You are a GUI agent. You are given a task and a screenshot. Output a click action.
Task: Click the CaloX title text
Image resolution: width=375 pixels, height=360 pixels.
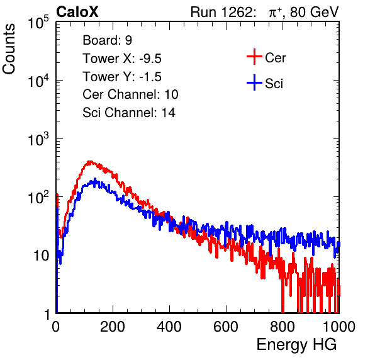(77, 12)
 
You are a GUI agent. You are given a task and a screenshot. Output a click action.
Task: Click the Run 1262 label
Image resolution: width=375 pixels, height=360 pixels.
(221, 12)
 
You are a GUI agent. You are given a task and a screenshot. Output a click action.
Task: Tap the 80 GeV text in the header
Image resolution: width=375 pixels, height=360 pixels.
(314, 12)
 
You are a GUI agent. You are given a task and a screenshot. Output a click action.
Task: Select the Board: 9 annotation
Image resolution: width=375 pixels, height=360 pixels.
(108, 40)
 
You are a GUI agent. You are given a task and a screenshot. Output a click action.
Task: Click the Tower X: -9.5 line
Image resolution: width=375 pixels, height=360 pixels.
(122, 59)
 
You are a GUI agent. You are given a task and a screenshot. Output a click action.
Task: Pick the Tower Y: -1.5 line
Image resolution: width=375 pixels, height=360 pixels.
(122, 77)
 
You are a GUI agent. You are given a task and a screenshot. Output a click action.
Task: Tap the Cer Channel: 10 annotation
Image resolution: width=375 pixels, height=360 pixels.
(130, 94)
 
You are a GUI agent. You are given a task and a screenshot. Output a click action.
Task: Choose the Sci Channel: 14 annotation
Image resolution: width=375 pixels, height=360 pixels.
(129, 113)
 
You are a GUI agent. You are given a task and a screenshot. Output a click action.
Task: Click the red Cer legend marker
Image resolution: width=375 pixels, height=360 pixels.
(254, 57)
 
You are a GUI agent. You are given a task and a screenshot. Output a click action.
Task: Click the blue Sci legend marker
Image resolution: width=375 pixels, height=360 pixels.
(254, 82)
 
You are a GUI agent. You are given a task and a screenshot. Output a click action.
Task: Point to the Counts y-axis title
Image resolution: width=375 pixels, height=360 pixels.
(9, 49)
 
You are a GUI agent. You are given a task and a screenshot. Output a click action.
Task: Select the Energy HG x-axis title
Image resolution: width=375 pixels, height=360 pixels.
(296, 345)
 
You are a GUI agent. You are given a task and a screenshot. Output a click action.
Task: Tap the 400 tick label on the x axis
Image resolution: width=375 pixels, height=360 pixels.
(169, 327)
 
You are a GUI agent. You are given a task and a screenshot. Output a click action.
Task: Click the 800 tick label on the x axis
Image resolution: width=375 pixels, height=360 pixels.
(283, 327)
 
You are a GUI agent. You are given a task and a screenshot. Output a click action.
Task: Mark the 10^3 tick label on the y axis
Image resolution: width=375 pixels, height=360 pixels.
(38, 139)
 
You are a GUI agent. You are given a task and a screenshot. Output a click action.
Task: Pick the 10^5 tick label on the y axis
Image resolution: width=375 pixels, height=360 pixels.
(38, 23)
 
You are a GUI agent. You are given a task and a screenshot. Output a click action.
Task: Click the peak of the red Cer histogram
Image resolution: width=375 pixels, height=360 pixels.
(89, 162)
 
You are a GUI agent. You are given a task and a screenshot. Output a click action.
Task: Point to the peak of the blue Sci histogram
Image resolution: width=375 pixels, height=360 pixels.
(95, 179)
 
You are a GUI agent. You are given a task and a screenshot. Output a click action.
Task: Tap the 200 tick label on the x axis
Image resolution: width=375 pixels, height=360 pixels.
(113, 327)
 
